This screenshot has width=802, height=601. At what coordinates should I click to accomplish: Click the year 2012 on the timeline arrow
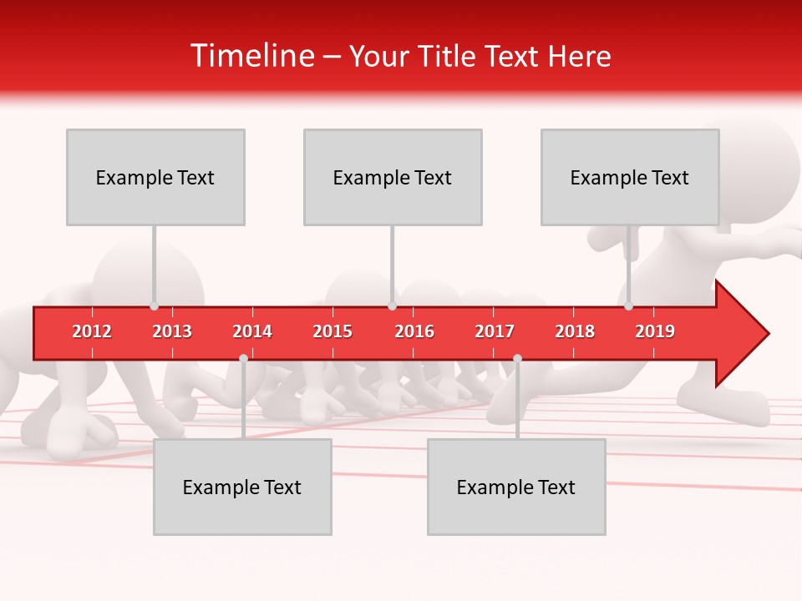click(92, 331)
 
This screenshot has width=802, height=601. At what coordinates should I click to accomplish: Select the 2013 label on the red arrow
click(172, 331)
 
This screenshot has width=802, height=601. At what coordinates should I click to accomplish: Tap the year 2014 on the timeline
click(252, 331)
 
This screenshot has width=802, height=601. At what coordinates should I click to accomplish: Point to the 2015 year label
click(332, 331)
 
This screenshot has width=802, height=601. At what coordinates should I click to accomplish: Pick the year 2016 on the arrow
click(414, 331)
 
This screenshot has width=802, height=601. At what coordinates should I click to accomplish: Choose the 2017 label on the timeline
click(495, 331)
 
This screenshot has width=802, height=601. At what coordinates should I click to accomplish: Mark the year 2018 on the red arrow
click(575, 331)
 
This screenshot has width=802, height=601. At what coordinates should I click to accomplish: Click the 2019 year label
click(655, 331)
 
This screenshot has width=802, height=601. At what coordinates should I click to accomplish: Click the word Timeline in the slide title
click(251, 56)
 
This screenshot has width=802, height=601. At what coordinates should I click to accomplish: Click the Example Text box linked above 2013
click(155, 177)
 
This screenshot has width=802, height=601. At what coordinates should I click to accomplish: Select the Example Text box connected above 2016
click(393, 177)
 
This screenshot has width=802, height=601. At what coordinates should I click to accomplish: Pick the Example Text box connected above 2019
click(630, 177)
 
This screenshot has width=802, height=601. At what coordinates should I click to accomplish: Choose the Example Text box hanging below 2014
click(242, 487)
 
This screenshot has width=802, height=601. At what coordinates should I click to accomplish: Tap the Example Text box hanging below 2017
click(516, 487)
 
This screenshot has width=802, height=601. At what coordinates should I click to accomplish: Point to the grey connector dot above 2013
click(155, 306)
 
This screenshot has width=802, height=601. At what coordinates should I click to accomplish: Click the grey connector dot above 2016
click(392, 306)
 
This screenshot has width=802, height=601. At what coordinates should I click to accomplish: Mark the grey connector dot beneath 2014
click(243, 358)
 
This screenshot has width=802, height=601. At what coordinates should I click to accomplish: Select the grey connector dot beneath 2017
click(517, 358)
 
